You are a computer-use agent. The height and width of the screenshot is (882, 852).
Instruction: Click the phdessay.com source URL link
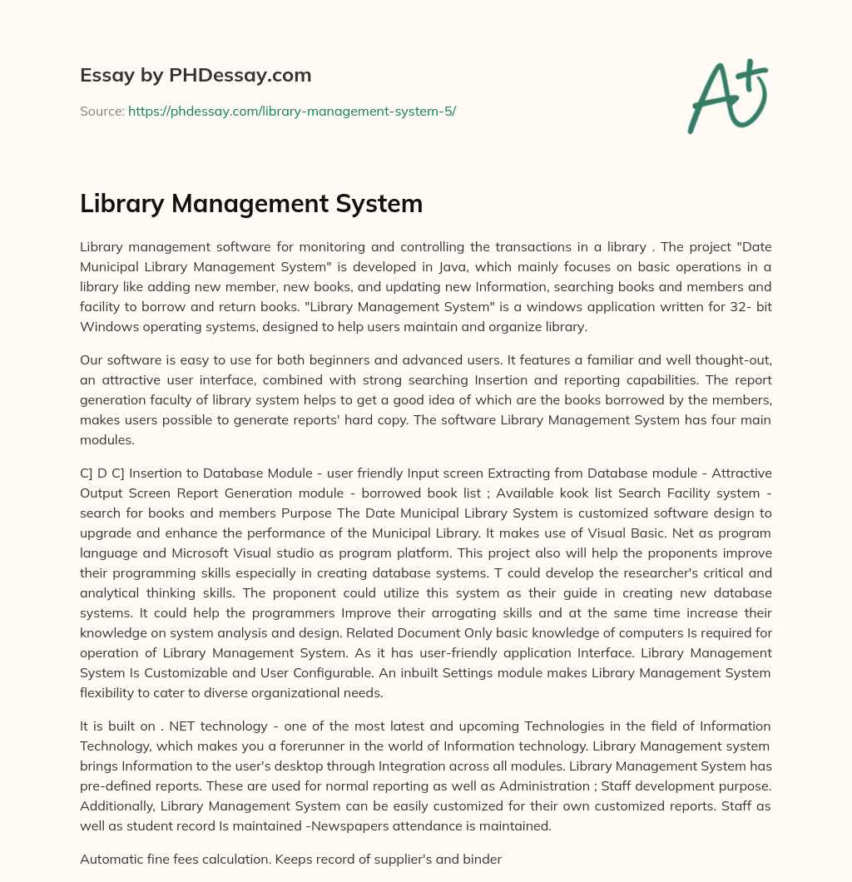291,111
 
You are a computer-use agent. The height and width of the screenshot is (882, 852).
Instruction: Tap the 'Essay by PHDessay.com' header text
196,76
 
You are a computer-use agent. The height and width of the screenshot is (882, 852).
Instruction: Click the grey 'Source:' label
102,111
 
